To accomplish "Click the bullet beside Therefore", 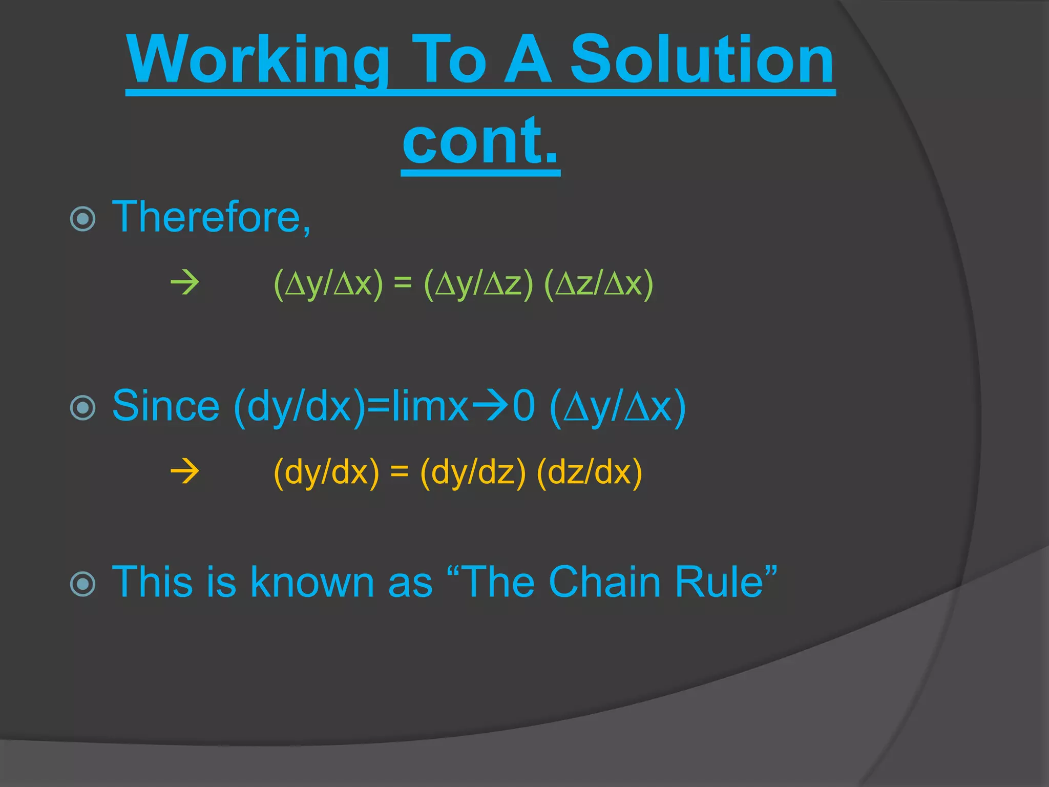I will [83, 219].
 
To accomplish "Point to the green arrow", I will [185, 283].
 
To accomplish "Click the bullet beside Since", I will [83, 408].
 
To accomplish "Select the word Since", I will [165, 406].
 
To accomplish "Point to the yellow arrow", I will [185, 471].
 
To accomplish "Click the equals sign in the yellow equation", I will [400, 471].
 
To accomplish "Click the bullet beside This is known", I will [83, 584].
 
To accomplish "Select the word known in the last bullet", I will [312, 582].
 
